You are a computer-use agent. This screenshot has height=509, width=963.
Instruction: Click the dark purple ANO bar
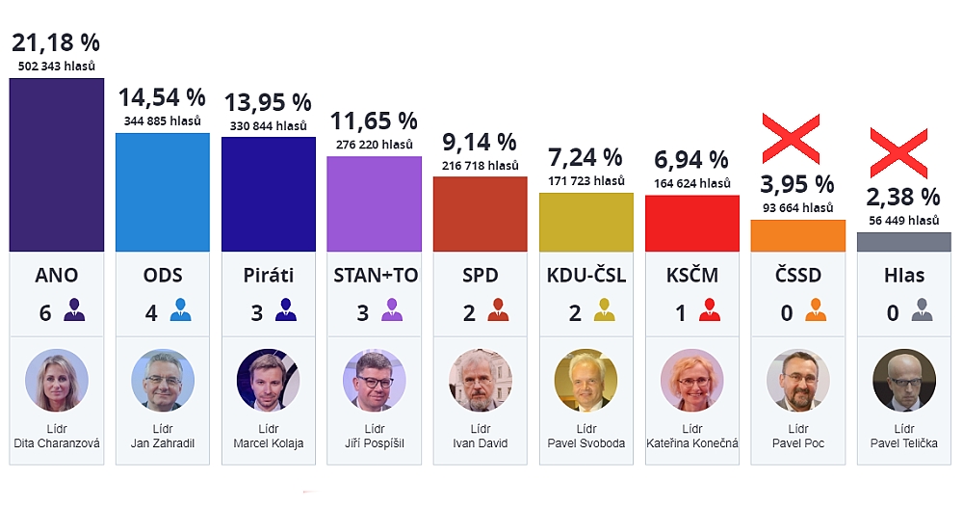point(56,165)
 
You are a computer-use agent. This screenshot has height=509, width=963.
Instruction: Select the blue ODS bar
point(162,192)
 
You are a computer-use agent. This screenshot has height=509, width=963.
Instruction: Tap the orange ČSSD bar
point(797,235)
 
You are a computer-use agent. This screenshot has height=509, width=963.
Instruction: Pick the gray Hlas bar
point(903,242)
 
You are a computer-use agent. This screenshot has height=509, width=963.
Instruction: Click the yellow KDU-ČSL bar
point(586,223)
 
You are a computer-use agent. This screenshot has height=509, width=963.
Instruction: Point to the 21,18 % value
point(56,42)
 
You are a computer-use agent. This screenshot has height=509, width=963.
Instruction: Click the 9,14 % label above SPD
point(480,143)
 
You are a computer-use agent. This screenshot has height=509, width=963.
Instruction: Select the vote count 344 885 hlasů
point(163,121)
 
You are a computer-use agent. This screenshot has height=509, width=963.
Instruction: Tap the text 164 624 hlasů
point(692,183)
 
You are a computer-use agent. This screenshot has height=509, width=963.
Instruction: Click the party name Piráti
point(269,276)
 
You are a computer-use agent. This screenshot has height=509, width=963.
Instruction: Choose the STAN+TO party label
point(375,276)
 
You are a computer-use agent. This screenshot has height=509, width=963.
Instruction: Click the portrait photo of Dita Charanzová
point(57,380)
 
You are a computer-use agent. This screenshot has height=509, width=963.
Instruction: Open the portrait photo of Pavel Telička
point(903,380)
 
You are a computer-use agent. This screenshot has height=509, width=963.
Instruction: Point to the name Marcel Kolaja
point(269,443)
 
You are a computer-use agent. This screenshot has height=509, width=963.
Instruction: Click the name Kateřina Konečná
point(692,443)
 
